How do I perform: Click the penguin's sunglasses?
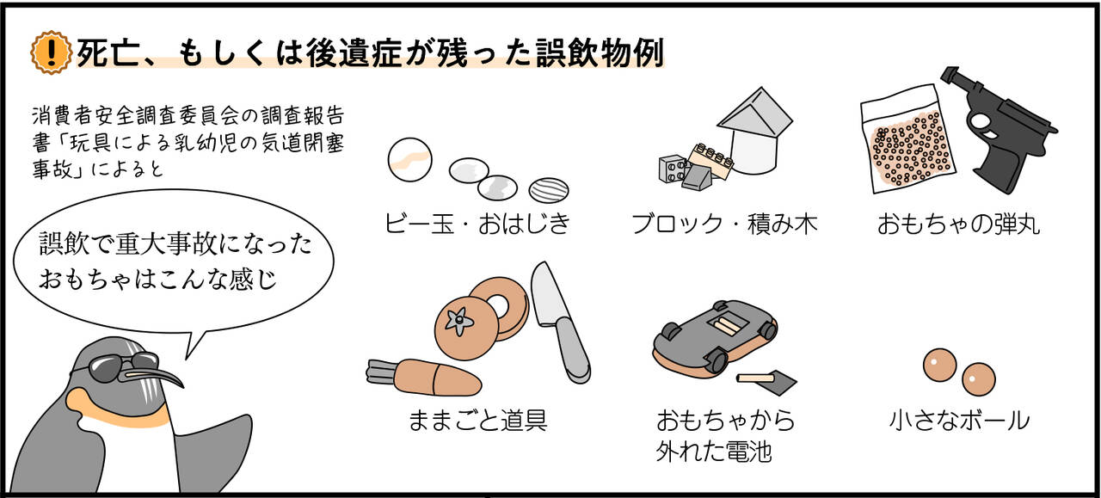tap(116, 365)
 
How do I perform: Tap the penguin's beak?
tap(159, 375)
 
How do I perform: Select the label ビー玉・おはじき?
tap(477, 224)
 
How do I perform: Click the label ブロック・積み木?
tap(723, 224)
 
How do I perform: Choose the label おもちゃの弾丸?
tap(958, 224)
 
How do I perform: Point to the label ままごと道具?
tap(477, 421)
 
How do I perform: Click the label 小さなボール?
tap(958, 421)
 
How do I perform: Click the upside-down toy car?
tap(714, 331)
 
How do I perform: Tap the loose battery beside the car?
tap(757, 377)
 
